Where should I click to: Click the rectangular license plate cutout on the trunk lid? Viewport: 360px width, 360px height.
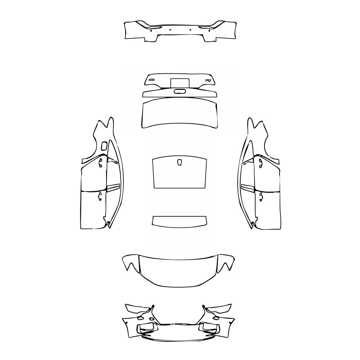tap(180, 82)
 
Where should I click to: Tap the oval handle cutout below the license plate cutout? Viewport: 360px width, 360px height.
tap(180, 91)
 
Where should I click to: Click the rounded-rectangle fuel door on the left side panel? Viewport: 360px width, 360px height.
tap(104, 146)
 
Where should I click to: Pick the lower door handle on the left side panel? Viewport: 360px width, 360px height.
tap(100, 195)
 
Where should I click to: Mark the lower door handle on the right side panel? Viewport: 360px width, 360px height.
tap(260, 195)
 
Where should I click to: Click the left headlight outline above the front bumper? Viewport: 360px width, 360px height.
tap(138, 309)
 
